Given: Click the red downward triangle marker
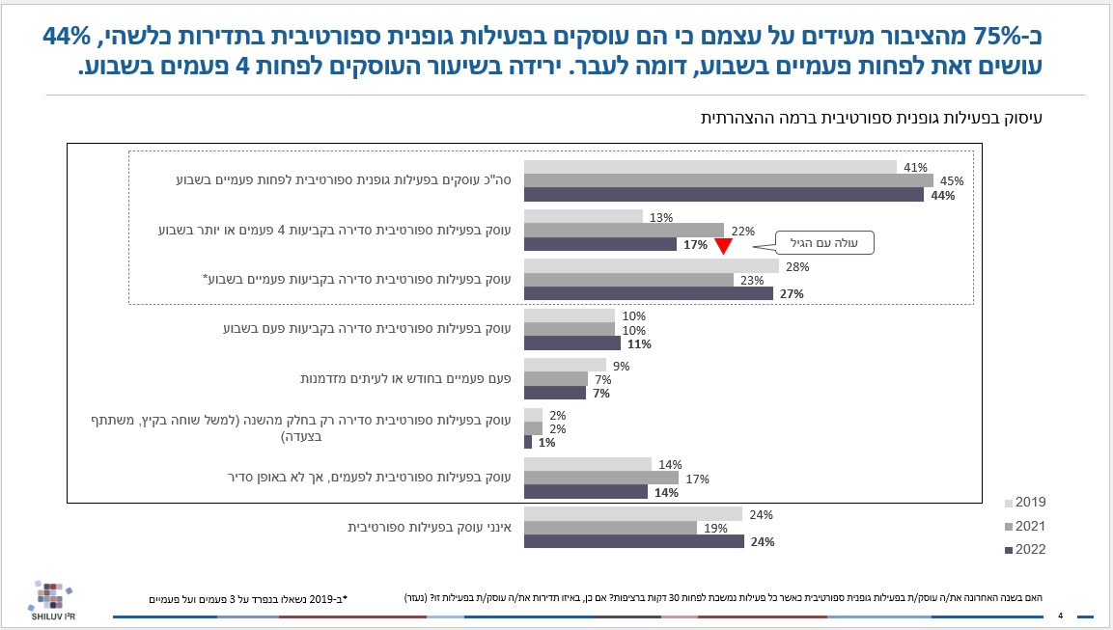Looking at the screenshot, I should click(723, 245).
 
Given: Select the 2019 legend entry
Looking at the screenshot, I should click(1025, 503).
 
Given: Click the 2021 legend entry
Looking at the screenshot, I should click(1025, 526).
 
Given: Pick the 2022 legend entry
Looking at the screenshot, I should click(1025, 550).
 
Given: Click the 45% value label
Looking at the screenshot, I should click(951, 181).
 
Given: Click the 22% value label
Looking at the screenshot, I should click(740, 230).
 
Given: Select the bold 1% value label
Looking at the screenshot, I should click(545, 443).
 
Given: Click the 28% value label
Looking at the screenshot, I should click(795, 265).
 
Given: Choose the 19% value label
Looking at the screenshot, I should click(713, 528).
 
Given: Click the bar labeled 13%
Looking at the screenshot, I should click(583, 215).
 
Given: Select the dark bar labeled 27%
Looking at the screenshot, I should click(648, 293).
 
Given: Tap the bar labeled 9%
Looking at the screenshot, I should click(565, 365).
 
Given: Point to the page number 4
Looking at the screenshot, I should click(1060, 616).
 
